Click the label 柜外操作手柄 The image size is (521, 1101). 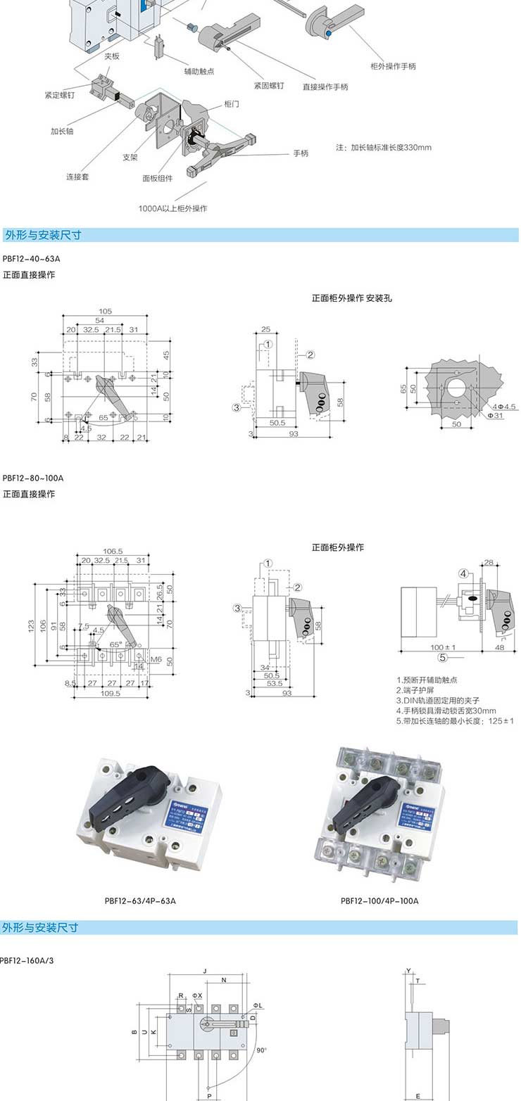click(393, 66)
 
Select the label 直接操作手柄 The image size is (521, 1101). click(325, 87)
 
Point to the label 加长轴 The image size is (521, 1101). click(62, 131)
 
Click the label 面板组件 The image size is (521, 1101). click(158, 178)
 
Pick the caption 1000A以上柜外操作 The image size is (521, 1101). click(173, 208)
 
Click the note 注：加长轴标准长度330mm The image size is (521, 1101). click(384, 148)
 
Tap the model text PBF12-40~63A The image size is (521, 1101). click(32, 259)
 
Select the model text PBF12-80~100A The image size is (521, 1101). click(33, 478)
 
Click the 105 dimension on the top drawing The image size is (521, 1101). click(106, 311)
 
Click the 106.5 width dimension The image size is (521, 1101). click(113, 551)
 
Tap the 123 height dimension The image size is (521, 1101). click(31, 625)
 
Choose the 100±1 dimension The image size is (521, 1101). click(444, 647)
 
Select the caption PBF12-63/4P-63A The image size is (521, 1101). click(140, 900)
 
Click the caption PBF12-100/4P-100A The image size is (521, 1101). click(379, 900)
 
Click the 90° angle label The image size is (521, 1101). click(261, 1050)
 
